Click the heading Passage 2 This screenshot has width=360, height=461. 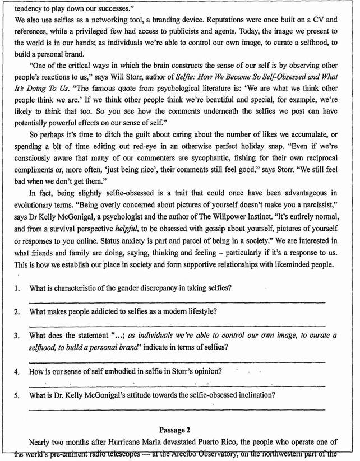coord(180,429)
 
